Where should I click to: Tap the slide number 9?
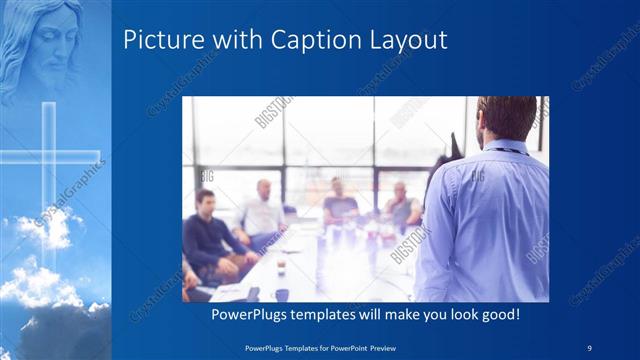tap(589, 346)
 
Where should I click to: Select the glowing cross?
tap(48, 160)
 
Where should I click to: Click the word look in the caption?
tap(459, 315)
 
